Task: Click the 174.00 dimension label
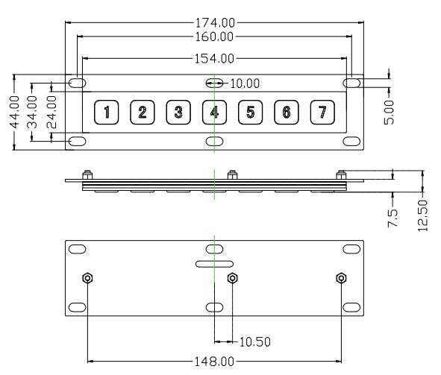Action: click(215, 23)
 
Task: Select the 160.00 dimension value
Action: click(214, 37)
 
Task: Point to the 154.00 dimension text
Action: click(214, 59)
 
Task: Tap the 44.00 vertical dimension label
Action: click(15, 112)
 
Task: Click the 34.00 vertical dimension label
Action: click(32, 112)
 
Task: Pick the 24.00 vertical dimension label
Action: click(51, 112)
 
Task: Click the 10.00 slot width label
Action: click(245, 83)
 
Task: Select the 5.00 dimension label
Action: click(389, 112)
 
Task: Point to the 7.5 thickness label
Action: click(393, 218)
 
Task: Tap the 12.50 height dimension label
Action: click(423, 215)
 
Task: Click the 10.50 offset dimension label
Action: click(254, 342)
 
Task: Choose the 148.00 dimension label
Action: click(214, 362)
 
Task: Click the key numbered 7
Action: click(322, 112)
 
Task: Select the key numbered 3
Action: click(178, 112)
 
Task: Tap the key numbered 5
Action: click(250, 112)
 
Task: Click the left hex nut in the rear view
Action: click(88, 278)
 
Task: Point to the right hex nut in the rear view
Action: click(341, 278)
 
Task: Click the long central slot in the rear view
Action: click(214, 264)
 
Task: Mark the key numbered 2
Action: click(143, 112)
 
